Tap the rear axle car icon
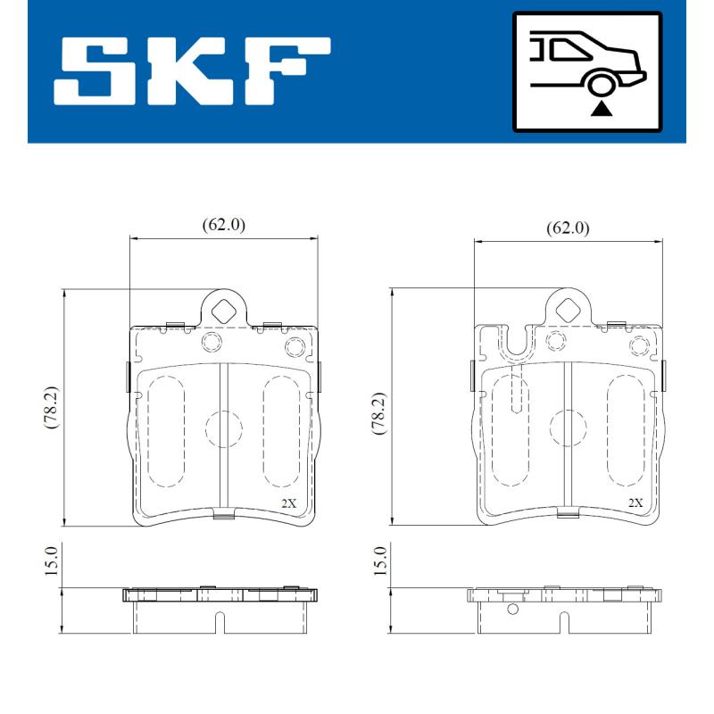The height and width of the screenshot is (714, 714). pyautogui.click(x=586, y=71)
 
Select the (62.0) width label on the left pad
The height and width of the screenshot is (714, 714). pyautogui.click(x=223, y=225)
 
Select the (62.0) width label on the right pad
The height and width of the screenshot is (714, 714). pyautogui.click(x=568, y=228)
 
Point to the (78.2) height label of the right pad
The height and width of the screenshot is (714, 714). pyautogui.click(x=378, y=411)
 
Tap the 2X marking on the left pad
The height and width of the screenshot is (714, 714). pyautogui.click(x=289, y=503)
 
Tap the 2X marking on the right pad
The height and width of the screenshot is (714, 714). pyautogui.click(x=635, y=503)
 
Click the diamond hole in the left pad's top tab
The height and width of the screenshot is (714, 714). pyautogui.click(x=224, y=311)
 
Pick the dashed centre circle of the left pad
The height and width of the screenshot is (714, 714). pyautogui.click(x=223, y=429)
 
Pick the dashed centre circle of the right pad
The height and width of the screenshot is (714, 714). pyautogui.click(x=568, y=429)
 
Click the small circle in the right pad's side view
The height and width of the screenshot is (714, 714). pyautogui.click(x=512, y=610)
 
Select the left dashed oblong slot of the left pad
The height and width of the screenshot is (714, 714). pyautogui.click(x=162, y=431)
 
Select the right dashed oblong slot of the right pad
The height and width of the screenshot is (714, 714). pyautogui.click(x=623, y=431)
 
